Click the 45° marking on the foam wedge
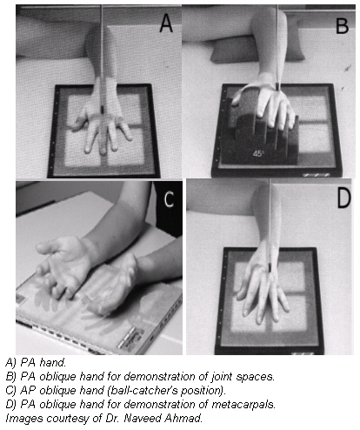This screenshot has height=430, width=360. coord(259,152)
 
